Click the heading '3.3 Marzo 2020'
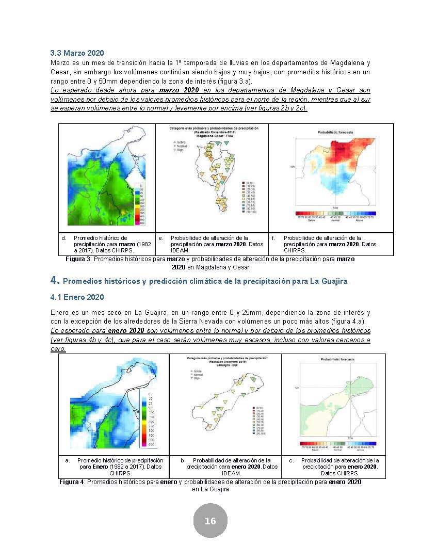point(77,53)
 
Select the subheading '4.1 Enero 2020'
point(77,297)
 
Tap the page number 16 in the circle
point(210,520)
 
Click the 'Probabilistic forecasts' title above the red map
point(335,133)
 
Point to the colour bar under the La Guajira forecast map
point(337,443)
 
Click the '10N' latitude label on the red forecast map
point(292,167)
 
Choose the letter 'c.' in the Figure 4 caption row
point(292,460)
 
